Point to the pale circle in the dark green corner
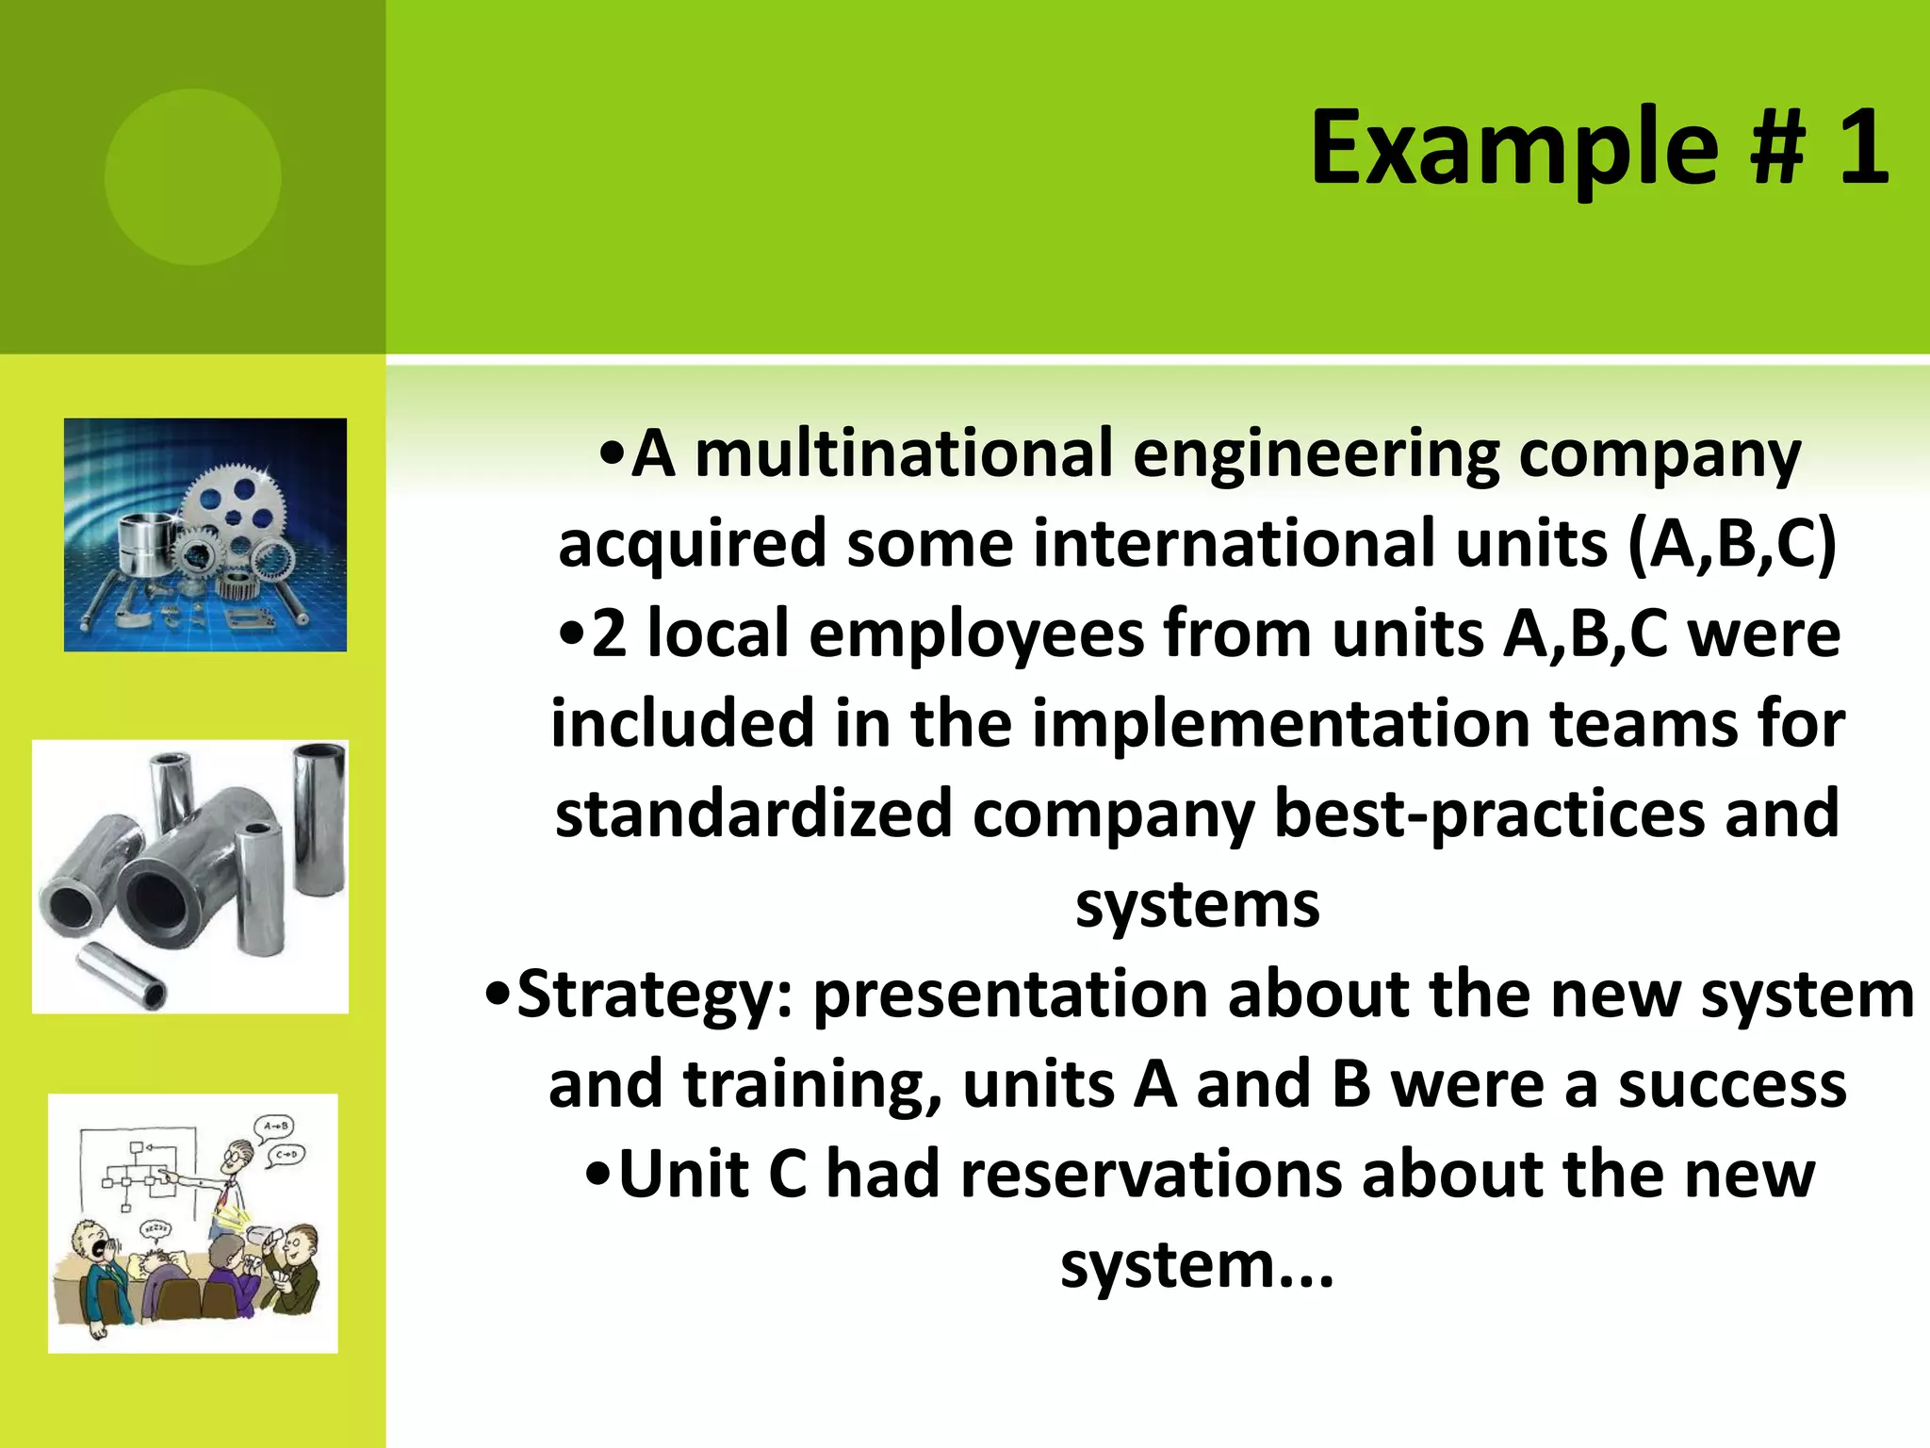[x=192, y=176]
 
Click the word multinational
[x=905, y=454]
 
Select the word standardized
[x=753, y=814]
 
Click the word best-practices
[x=1489, y=814]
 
